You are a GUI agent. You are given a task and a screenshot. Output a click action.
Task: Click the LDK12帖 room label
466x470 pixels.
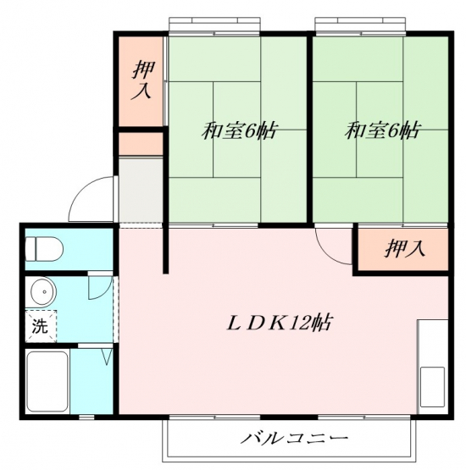pyautogui.click(x=279, y=323)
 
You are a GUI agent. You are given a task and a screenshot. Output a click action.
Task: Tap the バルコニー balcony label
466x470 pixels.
pyautogui.click(x=295, y=439)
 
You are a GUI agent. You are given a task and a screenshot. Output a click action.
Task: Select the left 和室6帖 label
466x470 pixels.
pyautogui.click(x=239, y=130)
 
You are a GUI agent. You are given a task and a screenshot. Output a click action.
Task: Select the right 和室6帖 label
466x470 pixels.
pyautogui.click(x=381, y=130)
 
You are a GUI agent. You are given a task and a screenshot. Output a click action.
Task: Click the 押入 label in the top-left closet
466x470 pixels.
pyautogui.click(x=141, y=80)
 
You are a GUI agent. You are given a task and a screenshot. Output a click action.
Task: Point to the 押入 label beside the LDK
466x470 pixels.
pyautogui.click(x=404, y=249)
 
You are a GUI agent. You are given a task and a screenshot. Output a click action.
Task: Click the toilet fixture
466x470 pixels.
pyautogui.click(x=44, y=249)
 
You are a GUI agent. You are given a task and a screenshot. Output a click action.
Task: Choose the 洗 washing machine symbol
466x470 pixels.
pyautogui.click(x=41, y=326)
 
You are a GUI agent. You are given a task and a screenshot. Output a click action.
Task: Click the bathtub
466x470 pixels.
pyautogui.click(x=47, y=382)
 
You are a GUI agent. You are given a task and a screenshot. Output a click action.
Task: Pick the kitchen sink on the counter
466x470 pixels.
pyautogui.click(x=432, y=387)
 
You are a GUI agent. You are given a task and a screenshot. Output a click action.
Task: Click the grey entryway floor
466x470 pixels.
pyautogui.click(x=141, y=191)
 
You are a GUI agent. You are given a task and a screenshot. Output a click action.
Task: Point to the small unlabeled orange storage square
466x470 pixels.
pyautogui.click(x=141, y=144)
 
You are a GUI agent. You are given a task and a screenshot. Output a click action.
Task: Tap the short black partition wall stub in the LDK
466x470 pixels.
pyautogui.click(x=165, y=248)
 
